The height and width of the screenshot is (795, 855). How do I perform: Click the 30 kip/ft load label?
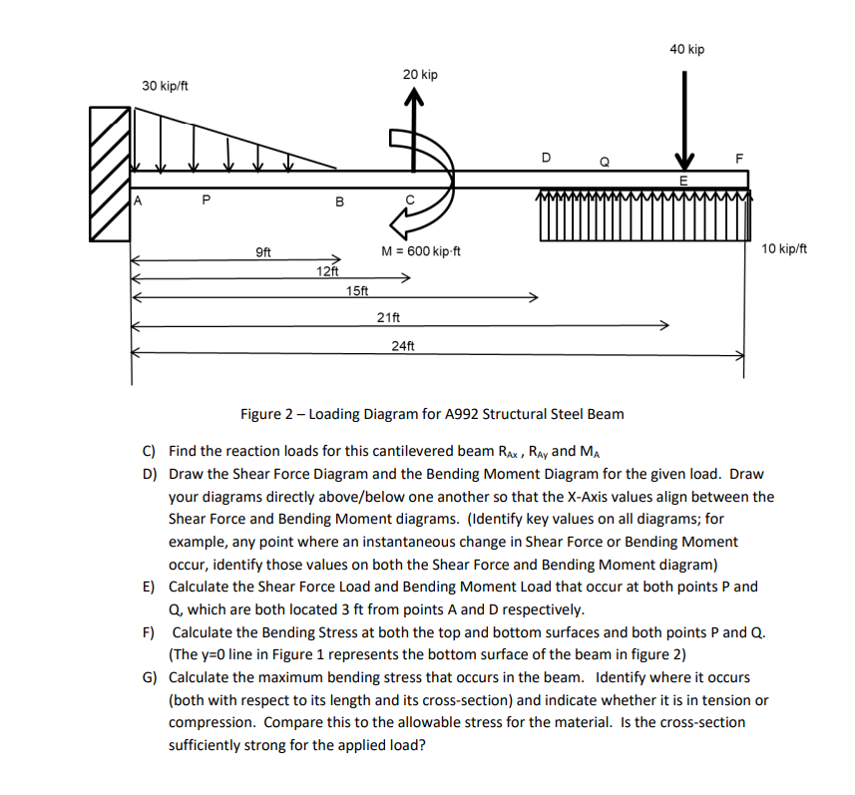coord(166,86)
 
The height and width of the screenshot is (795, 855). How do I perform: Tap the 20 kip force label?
coord(420,75)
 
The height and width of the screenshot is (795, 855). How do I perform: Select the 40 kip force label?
coord(686,49)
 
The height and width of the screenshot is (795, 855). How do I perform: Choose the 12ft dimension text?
coord(327,270)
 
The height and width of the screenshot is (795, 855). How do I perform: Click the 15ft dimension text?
coord(356,290)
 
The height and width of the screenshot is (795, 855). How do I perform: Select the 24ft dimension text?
coord(403,345)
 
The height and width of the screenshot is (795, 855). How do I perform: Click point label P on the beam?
coord(206,199)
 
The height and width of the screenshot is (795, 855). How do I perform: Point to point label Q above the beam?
coord(603,161)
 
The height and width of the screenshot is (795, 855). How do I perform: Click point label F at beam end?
coord(738,158)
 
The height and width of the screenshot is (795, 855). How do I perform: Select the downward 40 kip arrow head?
coord(684,162)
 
